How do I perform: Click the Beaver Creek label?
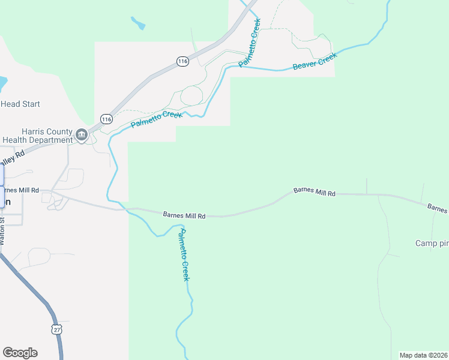pos(315,61)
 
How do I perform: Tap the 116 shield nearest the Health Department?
pos(106,119)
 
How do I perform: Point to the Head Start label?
pos(20,104)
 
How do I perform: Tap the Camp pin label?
pos(432,243)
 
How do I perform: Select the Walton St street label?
pos(2,231)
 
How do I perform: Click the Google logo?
pos(20,353)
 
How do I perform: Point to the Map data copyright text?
pos(424,355)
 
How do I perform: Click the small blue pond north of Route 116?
pos(138,24)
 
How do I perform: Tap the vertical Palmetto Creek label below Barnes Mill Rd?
pos(185,255)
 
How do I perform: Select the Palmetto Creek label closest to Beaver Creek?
pos(250,43)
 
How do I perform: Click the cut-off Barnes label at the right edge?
pos(438,208)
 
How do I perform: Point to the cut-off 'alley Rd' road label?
pos(11,158)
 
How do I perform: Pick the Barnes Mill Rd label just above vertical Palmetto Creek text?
pos(184,215)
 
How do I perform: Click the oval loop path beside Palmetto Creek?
pos(191,95)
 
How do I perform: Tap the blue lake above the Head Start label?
pos(2,81)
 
